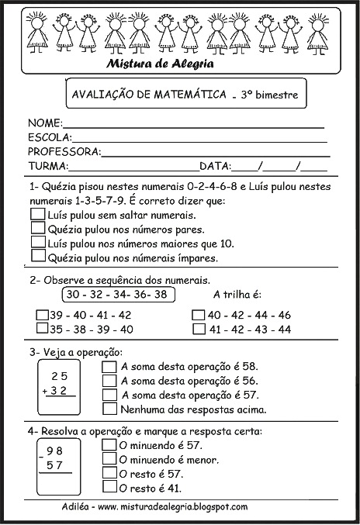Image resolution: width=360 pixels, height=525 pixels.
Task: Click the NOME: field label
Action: (44, 123)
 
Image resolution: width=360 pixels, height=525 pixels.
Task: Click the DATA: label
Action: (216, 166)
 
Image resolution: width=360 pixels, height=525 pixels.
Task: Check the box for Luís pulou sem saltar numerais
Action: (36, 214)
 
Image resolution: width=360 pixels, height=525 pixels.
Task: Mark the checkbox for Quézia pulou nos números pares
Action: (36, 228)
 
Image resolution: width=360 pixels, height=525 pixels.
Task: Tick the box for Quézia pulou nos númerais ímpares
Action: (36, 257)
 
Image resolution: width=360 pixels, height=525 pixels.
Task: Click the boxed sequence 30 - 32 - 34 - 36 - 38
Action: (116, 295)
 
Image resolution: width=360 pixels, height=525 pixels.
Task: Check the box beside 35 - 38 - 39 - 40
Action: (43, 329)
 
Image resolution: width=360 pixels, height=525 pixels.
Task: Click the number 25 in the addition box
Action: (59, 376)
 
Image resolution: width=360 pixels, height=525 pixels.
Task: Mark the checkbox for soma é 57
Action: (109, 395)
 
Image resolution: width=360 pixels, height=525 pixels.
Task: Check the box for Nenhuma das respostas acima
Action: (109, 409)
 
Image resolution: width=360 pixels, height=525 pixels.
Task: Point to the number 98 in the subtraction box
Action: (54, 451)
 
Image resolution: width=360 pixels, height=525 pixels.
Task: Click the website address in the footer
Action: (174, 507)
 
